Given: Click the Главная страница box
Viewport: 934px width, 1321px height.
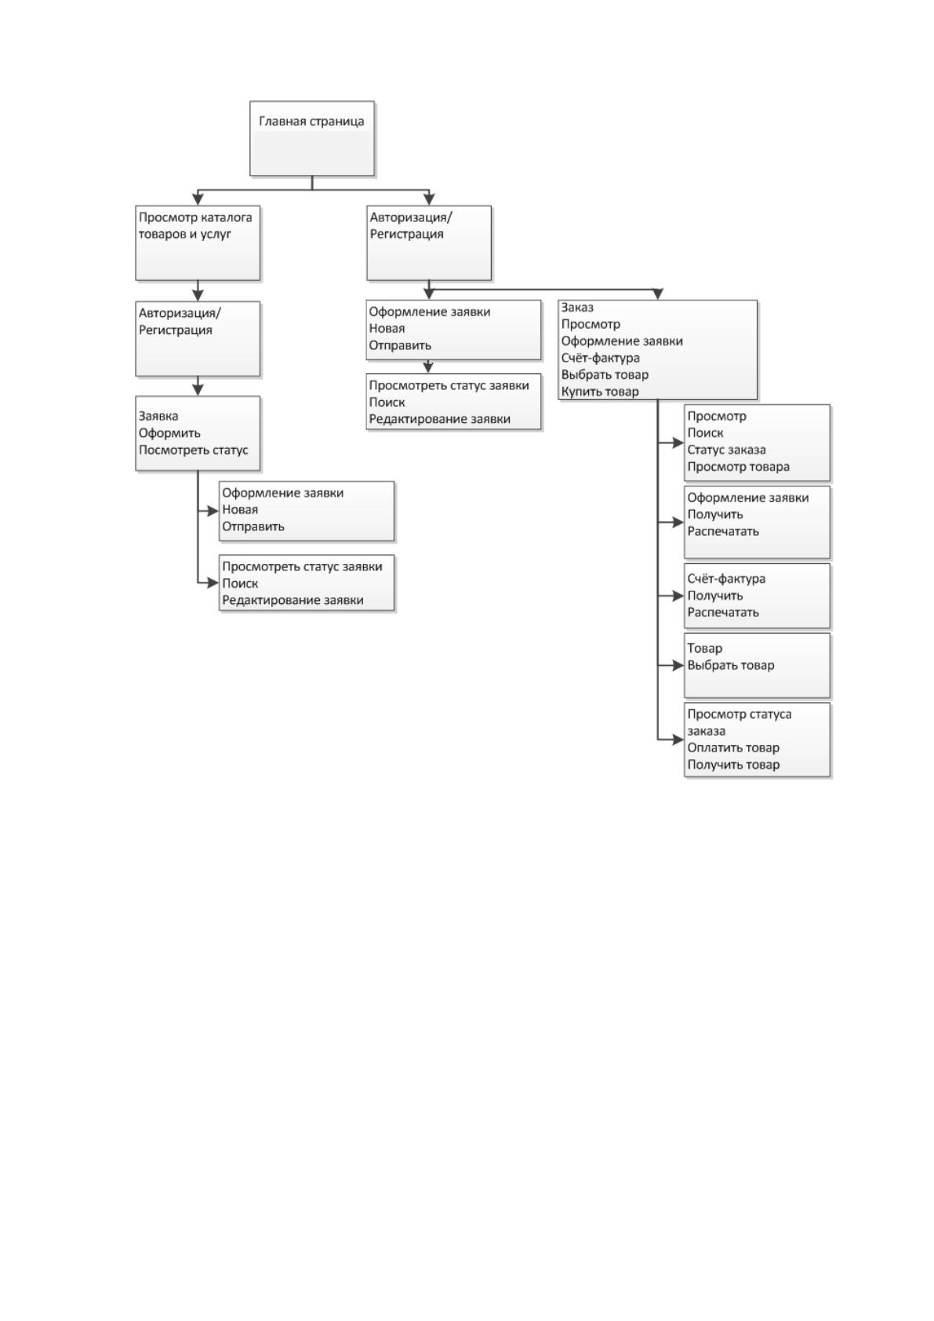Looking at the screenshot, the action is click(312, 139).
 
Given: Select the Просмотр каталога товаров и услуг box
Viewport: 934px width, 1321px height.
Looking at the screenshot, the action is click(198, 243).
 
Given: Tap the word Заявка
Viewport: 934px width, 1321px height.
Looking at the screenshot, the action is click(158, 417).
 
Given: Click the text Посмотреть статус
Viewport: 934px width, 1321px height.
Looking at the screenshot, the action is click(194, 450).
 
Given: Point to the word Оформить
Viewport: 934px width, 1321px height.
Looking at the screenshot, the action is click(170, 434).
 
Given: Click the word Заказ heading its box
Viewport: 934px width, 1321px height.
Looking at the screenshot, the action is click(577, 308).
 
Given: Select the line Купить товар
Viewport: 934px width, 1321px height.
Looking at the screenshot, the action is click(600, 391).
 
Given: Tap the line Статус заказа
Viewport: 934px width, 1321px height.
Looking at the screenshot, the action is click(726, 450).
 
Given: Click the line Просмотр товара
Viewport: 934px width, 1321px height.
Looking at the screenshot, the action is click(738, 467).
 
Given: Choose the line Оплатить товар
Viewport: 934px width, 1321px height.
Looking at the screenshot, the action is click(733, 748).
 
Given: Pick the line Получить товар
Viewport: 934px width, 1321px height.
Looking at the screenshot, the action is click(733, 765).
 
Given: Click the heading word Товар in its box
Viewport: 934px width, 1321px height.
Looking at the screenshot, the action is click(705, 648).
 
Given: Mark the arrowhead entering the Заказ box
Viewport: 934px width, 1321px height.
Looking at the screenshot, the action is click(658, 294).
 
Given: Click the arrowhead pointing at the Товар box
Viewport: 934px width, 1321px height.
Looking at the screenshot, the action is click(678, 665).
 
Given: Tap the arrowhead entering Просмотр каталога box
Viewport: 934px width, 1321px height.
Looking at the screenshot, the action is click(198, 198).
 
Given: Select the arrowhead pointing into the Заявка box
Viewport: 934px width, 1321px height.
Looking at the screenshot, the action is click(198, 389).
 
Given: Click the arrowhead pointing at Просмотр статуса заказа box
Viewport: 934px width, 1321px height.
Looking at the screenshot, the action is click(678, 740).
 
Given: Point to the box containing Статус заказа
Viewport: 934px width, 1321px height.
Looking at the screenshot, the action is click(757, 442).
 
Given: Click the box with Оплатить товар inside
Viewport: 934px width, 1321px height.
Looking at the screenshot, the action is click(757, 740).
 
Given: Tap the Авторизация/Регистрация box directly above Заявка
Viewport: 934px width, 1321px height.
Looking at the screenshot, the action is click(198, 339).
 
